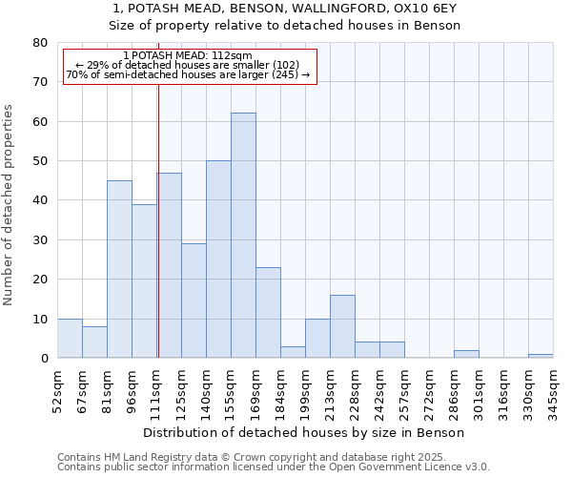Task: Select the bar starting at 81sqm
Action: (119, 269)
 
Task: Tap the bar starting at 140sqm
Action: (218, 259)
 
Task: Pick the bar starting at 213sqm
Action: (342, 326)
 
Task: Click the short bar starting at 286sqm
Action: (466, 354)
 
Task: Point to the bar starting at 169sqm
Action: (268, 313)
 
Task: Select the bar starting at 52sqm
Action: (70, 339)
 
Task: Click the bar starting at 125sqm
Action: (194, 301)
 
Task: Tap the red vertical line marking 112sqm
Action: (158, 219)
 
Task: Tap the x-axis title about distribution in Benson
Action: (305, 432)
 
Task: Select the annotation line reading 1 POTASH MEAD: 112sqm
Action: (188, 55)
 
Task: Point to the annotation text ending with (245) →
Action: (188, 73)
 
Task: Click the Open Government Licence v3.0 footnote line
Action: (274, 467)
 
